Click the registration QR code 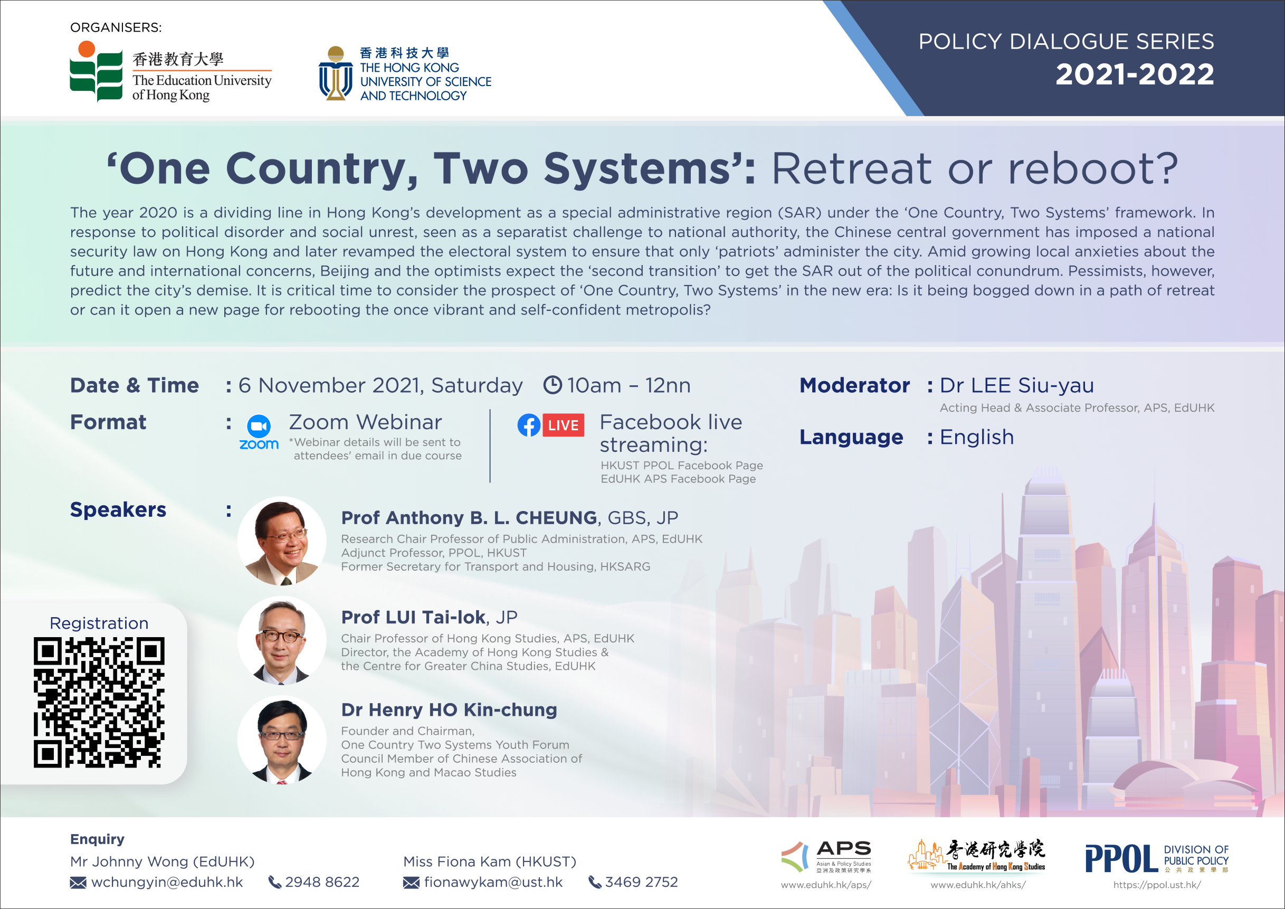[99, 702]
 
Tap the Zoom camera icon [259, 427]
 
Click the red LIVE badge [563, 425]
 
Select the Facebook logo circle [529, 425]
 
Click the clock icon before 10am [553, 385]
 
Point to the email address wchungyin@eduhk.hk [167, 882]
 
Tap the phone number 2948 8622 [322, 882]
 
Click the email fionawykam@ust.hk [493, 882]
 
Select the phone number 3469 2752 [641, 882]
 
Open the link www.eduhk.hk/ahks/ [978, 885]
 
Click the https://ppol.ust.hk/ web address [1157, 885]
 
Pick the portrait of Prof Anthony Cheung [281, 541]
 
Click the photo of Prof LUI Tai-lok [281, 640]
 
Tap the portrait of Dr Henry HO [281, 740]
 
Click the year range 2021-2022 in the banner [1135, 74]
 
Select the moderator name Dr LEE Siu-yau [1016, 386]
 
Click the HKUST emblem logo [336, 73]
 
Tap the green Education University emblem [96, 72]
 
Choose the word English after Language [977, 437]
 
